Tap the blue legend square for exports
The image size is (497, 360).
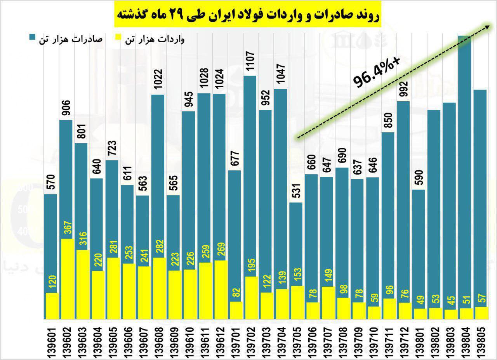pyautogui.click(x=32, y=38)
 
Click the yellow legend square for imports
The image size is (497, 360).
pyautogui.click(x=118, y=38)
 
